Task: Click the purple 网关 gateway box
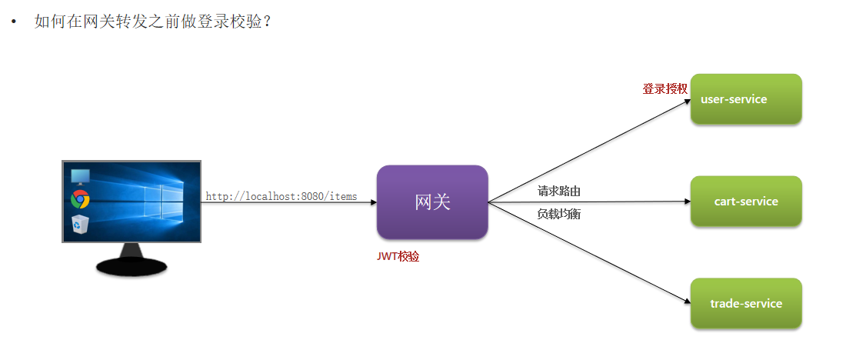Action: point(432,202)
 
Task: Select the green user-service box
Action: point(746,99)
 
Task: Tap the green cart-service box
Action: point(746,202)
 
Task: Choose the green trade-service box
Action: point(746,304)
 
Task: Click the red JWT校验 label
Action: point(398,257)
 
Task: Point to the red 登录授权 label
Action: point(664,88)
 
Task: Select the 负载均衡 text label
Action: point(558,214)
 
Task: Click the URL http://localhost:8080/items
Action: point(281,196)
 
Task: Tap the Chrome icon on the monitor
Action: point(79,200)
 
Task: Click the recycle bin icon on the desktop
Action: point(79,224)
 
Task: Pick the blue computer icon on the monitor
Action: point(79,176)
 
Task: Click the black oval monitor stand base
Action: point(132,266)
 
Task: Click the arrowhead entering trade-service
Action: point(686,302)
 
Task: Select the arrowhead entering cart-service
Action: point(687,202)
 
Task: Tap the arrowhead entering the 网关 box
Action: point(373,202)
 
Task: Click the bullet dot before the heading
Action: point(13,22)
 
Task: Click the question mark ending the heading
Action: point(266,22)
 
